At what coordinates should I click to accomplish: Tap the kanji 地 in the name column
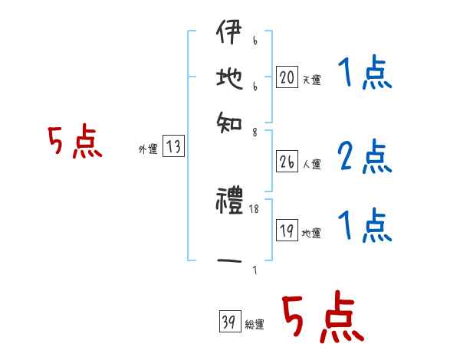[229, 79]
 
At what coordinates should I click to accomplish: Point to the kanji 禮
[229, 203]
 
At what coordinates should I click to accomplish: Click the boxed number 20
[287, 77]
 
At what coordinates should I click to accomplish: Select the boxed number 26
[287, 162]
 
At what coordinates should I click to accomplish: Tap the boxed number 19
[287, 231]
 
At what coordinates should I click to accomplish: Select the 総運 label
[255, 325]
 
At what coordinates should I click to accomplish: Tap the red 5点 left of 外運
[74, 143]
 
